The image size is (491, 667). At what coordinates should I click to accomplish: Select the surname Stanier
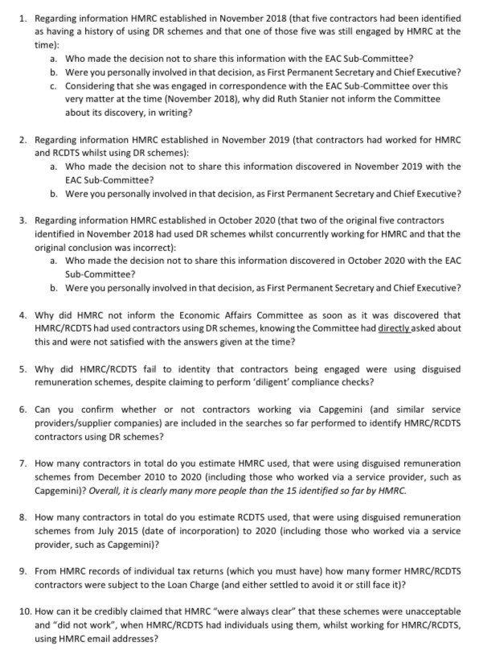pyautogui.click(x=348, y=99)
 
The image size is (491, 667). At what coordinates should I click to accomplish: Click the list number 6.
pyautogui.click(x=24, y=409)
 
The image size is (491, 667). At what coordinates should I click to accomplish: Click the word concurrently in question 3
pyautogui.click(x=297, y=233)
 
